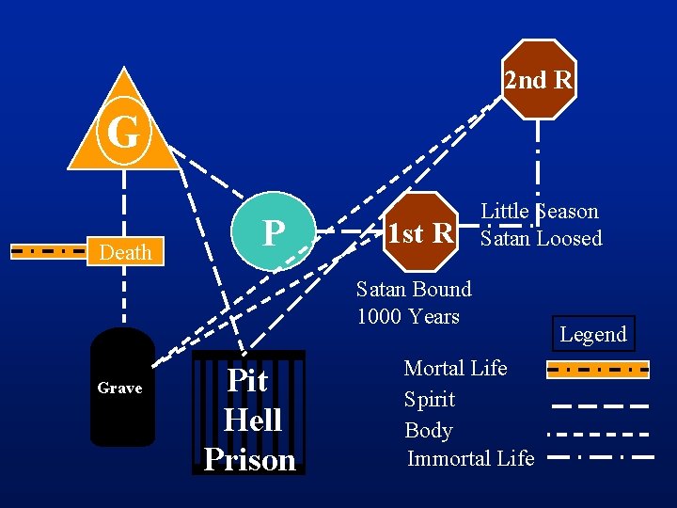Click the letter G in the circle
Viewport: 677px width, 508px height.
coord(123,133)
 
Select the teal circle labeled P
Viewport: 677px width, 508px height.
coord(273,231)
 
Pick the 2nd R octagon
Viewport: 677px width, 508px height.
coord(538,80)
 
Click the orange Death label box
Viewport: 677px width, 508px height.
coord(125,252)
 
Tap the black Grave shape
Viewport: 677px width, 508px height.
coord(121,387)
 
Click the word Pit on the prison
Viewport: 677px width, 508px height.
coord(248,381)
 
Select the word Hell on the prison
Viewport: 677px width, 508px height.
coord(252,420)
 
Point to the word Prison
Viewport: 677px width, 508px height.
coord(249,459)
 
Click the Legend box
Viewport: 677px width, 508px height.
coord(592,334)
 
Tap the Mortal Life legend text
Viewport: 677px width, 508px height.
coord(455,368)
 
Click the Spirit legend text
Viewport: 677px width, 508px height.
coord(430,399)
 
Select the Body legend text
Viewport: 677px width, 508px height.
coord(429,430)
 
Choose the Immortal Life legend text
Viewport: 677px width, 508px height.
coord(470,458)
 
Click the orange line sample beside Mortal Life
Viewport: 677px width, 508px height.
coord(598,370)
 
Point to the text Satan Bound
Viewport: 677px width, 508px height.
coord(414,289)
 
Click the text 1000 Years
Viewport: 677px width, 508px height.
coord(408,316)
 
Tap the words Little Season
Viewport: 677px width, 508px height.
coord(540,212)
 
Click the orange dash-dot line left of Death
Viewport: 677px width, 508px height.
coord(48,251)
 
